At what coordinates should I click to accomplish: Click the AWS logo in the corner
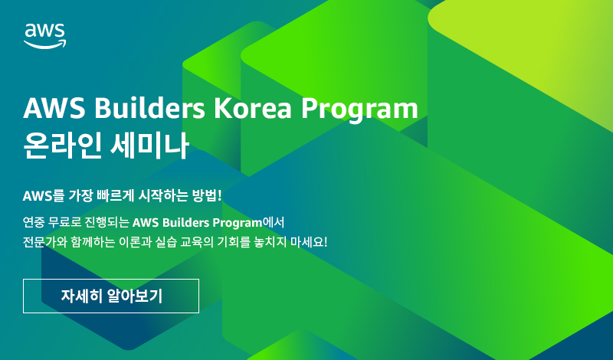[44, 36]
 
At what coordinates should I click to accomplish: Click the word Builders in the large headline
[149, 108]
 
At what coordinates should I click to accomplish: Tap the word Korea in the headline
[253, 108]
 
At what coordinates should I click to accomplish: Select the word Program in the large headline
[359, 110]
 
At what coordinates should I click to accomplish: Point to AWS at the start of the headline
[54, 108]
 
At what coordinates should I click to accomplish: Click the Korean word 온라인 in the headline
[63, 145]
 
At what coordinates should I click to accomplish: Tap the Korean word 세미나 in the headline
[149, 145]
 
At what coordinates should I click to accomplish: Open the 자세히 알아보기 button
[111, 296]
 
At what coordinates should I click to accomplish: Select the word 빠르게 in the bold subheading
[113, 195]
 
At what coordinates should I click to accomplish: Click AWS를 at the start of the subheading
[43, 195]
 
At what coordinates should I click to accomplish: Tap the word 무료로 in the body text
[64, 222]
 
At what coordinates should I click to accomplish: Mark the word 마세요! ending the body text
[309, 242]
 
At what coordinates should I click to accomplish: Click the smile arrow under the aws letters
[45, 44]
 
